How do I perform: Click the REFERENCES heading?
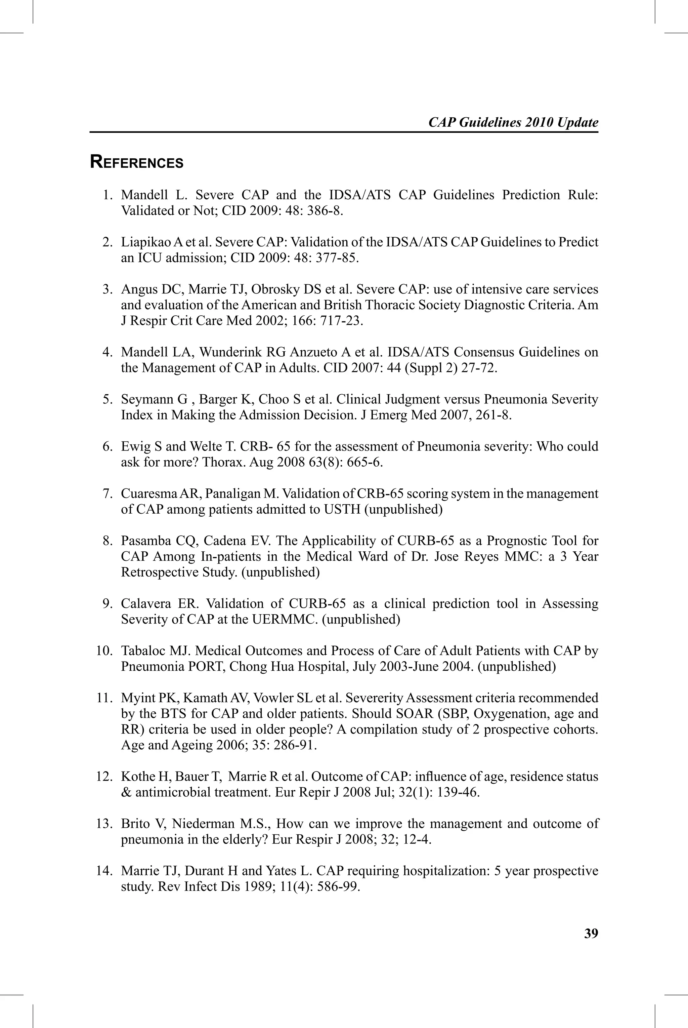pyautogui.click(x=136, y=162)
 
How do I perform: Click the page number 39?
pyautogui.click(x=591, y=933)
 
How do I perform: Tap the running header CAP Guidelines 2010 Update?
pyautogui.click(x=513, y=122)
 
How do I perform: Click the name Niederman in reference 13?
pyautogui.click(x=208, y=824)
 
